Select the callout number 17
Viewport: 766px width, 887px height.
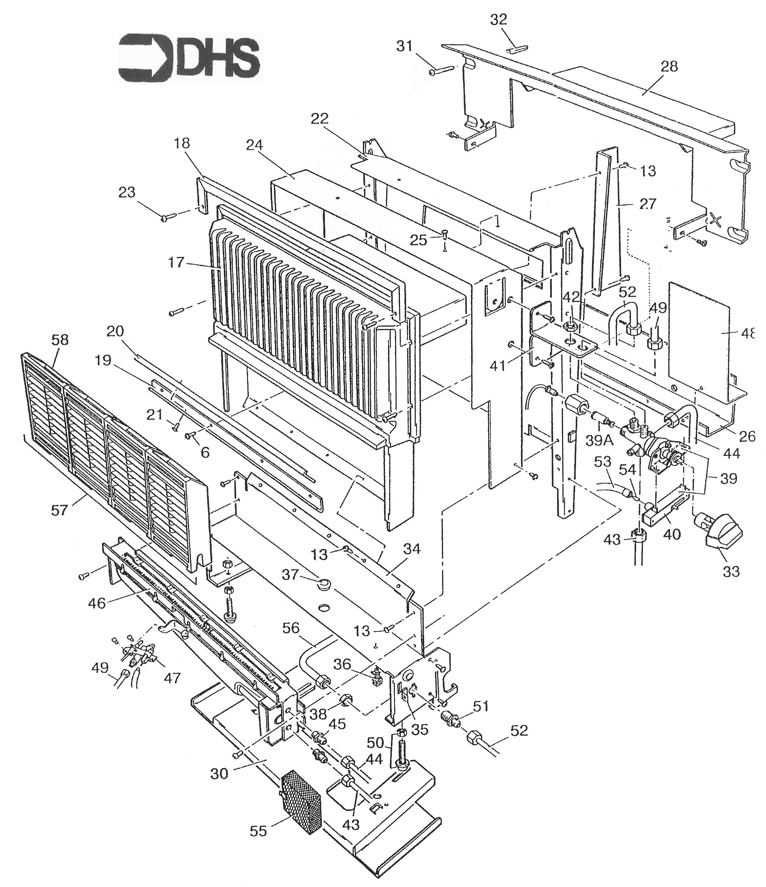pyautogui.click(x=176, y=262)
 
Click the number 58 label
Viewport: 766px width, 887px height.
pyautogui.click(x=60, y=339)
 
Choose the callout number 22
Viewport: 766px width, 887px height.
pyautogui.click(x=320, y=119)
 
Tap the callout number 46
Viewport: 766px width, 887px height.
pyautogui.click(x=97, y=603)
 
